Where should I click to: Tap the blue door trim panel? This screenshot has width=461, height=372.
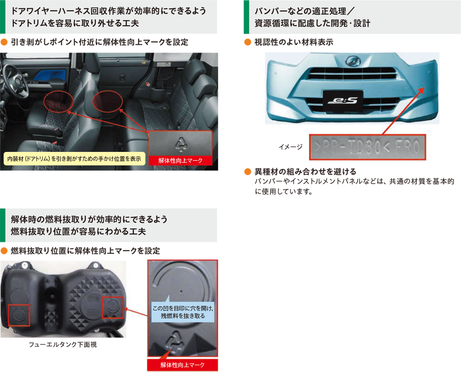point(50,75)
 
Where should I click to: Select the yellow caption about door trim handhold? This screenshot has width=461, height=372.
point(74,159)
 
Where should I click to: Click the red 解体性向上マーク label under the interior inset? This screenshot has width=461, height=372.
point(180,160)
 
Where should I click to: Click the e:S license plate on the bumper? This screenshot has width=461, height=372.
point(343,101)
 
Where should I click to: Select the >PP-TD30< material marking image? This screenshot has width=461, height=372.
point(367,147)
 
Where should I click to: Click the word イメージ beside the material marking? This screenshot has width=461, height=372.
point(291,147)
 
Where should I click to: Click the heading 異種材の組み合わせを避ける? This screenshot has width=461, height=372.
point(305,171)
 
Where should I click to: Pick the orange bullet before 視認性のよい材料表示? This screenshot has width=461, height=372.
point(248,42)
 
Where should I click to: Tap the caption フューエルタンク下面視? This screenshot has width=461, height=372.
point(63,344)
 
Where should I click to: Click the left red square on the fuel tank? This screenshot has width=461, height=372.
point(19,315)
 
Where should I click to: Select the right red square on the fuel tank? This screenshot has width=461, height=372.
point(113,307)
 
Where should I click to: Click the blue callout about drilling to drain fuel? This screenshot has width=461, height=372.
point(182,312)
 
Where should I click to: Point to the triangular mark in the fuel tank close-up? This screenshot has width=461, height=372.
point(175,343)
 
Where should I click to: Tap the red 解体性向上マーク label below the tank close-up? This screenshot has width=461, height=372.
point(182,365)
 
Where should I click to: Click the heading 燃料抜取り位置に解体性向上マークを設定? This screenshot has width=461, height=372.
point(85,251)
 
